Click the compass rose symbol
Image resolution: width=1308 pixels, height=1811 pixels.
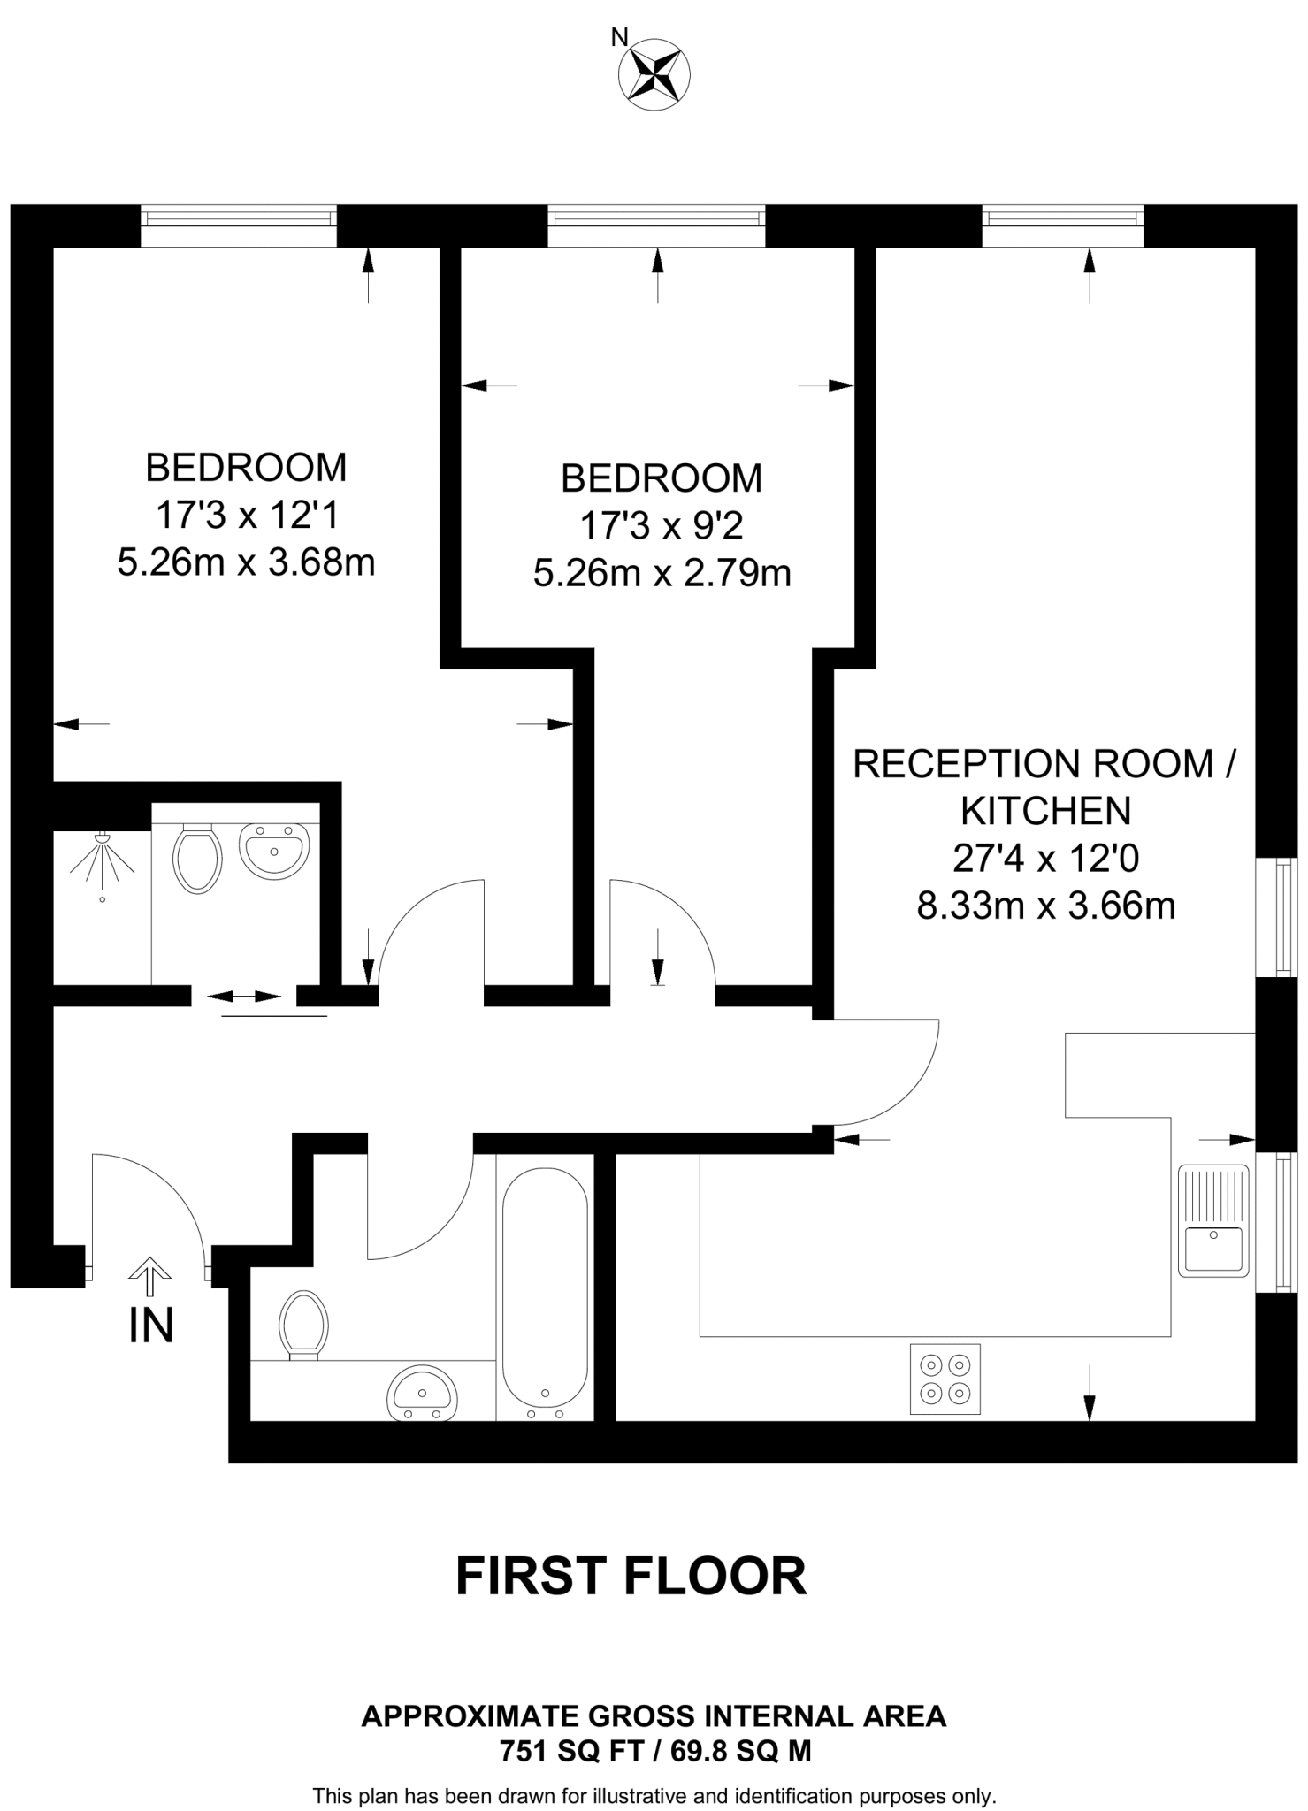[654, 75]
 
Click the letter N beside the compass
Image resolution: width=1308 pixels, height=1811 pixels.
[620, 37]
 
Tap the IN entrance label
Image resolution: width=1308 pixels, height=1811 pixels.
[151, 1326]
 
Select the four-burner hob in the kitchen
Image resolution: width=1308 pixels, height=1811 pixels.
[945, 1379]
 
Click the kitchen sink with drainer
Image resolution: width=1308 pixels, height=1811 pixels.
[1213, 1220]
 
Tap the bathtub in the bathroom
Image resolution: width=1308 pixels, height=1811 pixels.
[545, 1287]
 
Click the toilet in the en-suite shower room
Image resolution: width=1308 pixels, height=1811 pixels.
[197, 858]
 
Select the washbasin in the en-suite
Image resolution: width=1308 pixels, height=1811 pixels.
[274, 851]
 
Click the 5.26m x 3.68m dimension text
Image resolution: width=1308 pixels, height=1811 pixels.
[246, 562]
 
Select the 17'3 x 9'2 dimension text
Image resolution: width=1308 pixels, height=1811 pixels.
[661, 526]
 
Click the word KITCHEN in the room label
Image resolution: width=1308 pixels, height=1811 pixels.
[1045, 810]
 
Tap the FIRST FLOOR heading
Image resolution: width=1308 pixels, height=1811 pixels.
[631, 1576]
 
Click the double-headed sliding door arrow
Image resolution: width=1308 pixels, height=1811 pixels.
[244, 997]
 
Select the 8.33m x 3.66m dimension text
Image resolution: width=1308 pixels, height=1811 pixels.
[1045, 905]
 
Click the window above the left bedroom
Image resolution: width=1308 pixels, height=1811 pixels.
[239, 225]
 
